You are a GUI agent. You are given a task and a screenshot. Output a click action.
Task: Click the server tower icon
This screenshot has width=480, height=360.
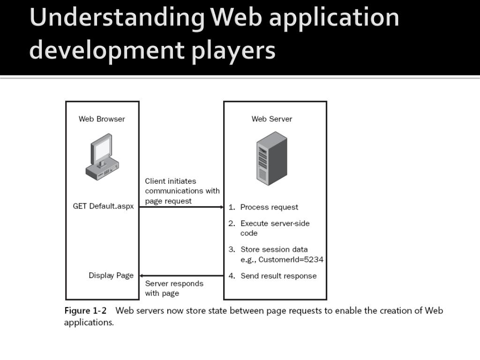(271, 158)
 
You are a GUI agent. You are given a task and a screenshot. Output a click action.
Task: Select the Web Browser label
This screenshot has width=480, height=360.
(102, 119)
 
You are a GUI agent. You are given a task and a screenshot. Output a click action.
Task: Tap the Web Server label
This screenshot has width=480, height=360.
(272, 119)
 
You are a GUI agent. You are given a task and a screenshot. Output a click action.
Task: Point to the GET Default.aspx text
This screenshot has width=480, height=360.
(103, 206)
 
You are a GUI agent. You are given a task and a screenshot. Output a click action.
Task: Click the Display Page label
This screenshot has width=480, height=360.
(111, 276)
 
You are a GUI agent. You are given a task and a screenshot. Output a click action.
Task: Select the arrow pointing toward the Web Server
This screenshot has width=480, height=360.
(181, 207)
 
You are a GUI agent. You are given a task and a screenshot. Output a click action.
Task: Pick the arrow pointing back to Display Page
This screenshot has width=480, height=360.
(181, 276)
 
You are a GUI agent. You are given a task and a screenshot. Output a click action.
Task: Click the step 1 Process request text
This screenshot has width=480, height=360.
(269, 207)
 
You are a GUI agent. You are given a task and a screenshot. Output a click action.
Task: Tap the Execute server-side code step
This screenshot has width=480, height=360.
(275, 228)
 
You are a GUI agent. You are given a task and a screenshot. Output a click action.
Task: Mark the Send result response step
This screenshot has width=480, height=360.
(278, 276)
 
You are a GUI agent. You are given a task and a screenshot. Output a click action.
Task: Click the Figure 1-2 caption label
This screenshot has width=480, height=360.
(85, 311)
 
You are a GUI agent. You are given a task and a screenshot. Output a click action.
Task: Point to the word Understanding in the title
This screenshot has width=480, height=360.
(117, 18)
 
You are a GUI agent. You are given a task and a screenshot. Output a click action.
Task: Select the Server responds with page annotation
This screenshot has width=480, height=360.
(174, 288)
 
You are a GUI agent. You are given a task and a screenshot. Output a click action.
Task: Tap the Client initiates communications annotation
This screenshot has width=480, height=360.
(182, 191)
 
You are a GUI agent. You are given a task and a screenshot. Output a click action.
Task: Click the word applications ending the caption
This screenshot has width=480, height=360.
(89, 322)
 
